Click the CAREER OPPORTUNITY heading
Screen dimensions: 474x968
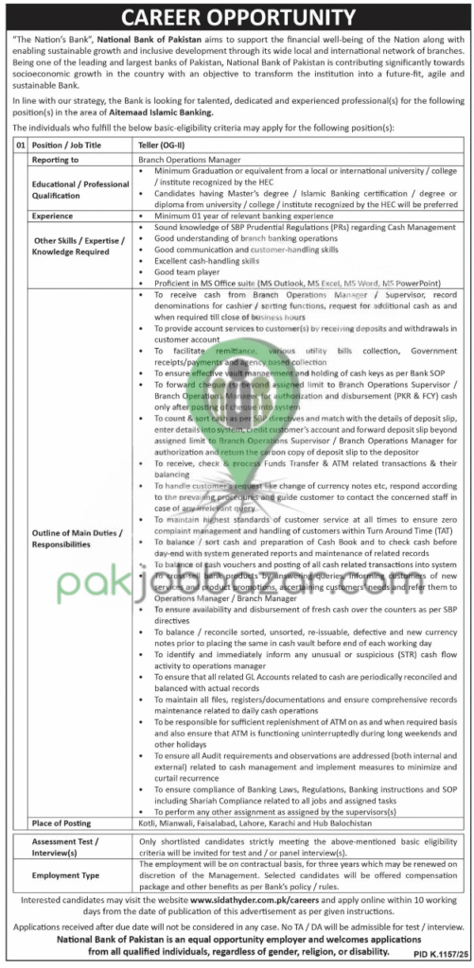click(x=237, y=16)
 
